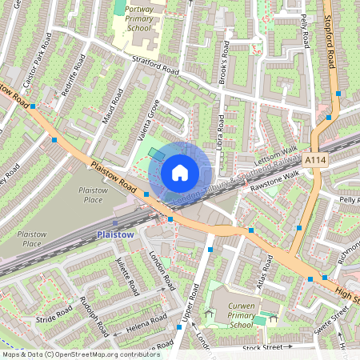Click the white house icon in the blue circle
coord(180,173)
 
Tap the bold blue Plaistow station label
coord(114,234)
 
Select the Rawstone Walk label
coord(274,180)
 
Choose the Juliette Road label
coord(126,276)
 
